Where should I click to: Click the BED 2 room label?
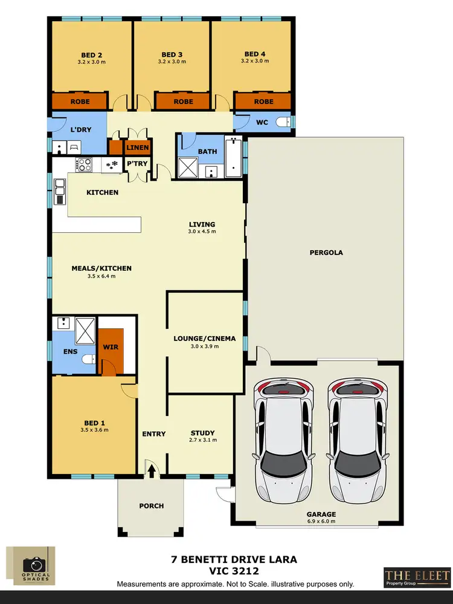[x=92, y=54]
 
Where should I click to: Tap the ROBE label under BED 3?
[x=183, y=102]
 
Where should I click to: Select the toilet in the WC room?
[x=284, y=123]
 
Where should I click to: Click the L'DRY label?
[x=80, y=130]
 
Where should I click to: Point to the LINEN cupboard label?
[x=138, y=147]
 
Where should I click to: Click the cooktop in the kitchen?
[x=83, y=164]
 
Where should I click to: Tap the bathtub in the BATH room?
[x=233, y=157]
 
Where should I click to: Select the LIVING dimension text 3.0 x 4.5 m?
[x=202, y=232]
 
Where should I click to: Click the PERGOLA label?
[x=326, y=253]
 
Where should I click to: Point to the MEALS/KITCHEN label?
[x=101, y=268]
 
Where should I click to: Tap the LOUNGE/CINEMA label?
[x=201, y=339]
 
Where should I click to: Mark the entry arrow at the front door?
[x=150, y=467]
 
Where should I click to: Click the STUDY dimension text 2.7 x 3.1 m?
[x=202, y=440]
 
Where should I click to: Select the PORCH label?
[x=151, y=506]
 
